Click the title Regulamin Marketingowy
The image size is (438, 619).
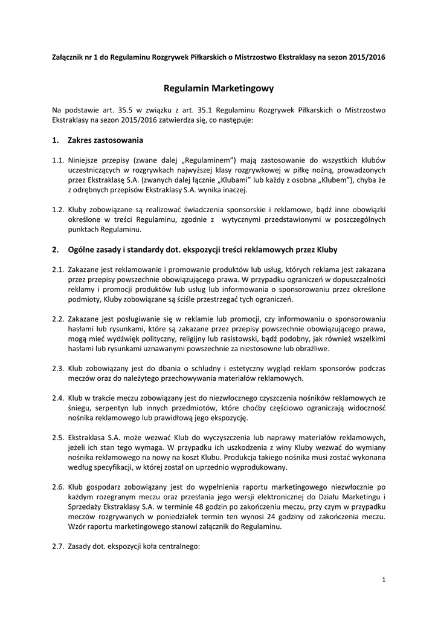(x=219, y=88)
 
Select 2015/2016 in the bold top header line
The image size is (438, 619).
(x=366, y=56)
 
